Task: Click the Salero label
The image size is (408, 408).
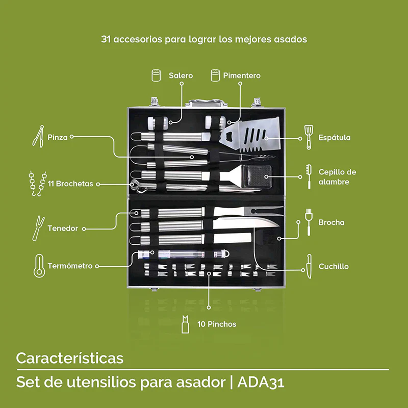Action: point(181,75)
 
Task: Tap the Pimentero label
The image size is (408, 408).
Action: point(242,75)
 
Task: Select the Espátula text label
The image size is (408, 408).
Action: point(334,138)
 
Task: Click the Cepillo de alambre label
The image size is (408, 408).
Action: point(337,177)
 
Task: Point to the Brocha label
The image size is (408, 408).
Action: point(331,222)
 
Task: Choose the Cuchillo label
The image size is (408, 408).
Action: point(334,266)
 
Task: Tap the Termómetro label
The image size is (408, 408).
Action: point(70,266)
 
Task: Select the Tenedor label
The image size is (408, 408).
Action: point(63,228)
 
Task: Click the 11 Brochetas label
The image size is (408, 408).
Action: point(70,184)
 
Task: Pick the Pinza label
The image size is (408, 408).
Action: point(57,137)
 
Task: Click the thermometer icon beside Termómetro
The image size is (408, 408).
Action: point(39,266)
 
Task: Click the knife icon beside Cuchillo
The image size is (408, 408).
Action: point(309,266)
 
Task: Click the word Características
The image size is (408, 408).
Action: point(69,358)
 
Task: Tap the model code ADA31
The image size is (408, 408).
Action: point(265,382)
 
